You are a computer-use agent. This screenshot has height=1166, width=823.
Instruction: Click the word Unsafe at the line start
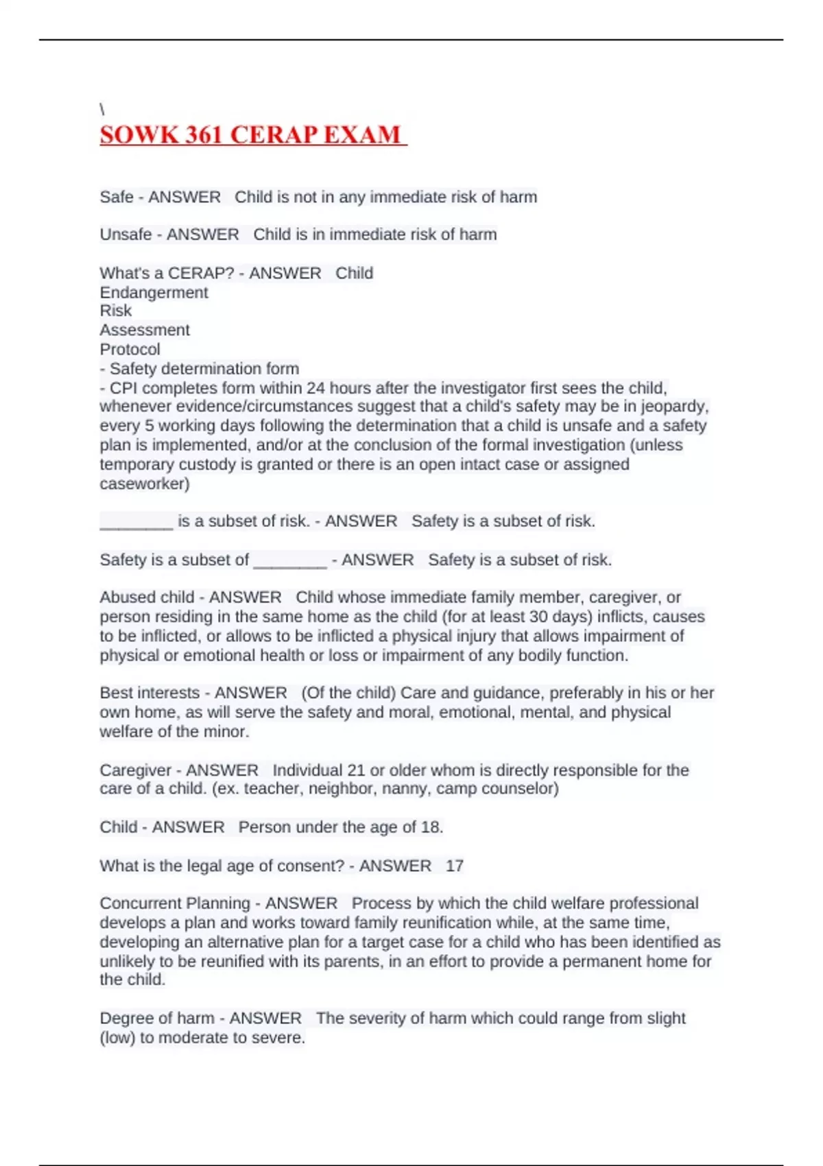(126, 235)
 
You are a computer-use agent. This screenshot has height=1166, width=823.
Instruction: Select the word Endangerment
(154, 292)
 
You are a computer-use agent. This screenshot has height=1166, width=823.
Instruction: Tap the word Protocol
(130, 349)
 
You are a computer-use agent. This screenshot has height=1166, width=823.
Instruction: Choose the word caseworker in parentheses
(143, 484)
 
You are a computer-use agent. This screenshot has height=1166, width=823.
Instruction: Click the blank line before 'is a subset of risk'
(136, 523)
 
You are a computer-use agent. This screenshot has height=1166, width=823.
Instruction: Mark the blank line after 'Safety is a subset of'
(289, 561)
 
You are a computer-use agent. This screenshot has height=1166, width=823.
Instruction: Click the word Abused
(124, 597)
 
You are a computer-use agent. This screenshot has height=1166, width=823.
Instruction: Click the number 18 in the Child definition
(430, 827)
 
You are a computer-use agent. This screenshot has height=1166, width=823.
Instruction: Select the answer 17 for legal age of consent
(454, 866)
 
